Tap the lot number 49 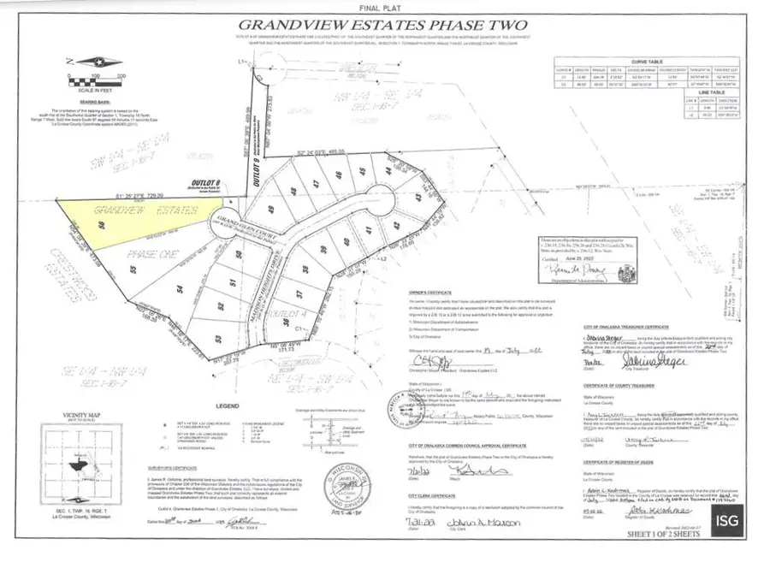(x=273, y=209)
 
